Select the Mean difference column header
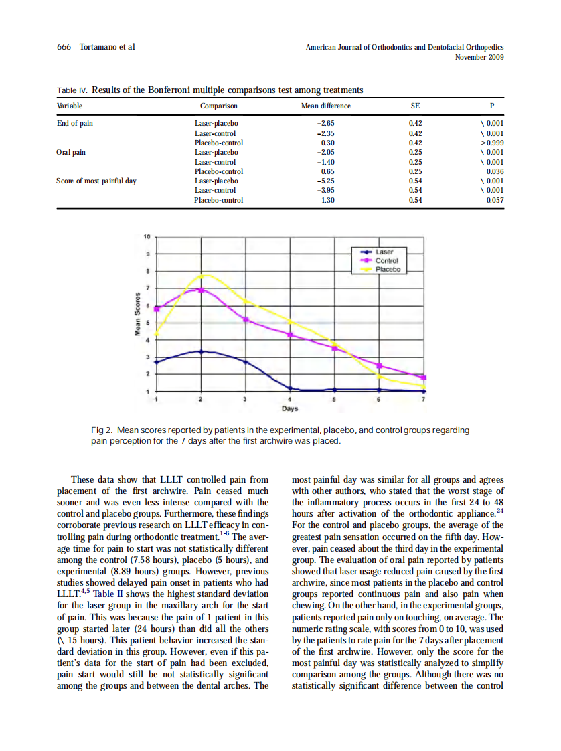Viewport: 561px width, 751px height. (x=326, y=106)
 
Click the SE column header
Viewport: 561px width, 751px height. (x=415, y=106)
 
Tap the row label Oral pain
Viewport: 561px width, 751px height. (x=70, y=152)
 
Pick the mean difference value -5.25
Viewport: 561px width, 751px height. (x=325, y=181)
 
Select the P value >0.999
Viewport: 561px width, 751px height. (x=491, y=143)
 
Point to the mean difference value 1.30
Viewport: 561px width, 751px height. (x=327, y=200)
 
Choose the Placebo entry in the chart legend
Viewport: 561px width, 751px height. (x=388, y=269)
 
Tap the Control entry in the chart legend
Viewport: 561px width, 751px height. (x=387, y=261)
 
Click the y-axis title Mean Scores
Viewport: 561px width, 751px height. (x=136, y=315)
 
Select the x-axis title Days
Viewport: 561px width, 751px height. (x=289, y=408)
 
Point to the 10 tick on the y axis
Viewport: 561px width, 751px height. (x=147, y=236)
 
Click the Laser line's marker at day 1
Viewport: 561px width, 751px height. (x=157, y=362)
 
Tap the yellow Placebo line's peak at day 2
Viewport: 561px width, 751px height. (x=203, y=275)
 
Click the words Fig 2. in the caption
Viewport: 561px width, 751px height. (x=104, y=430)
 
